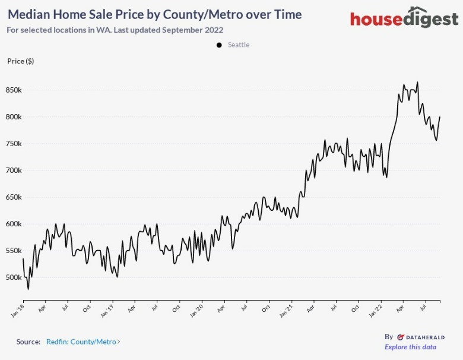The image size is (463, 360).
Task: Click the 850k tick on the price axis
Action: [14, 90]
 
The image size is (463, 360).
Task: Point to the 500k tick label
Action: [14, 277]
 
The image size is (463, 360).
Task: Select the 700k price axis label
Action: [14, 170]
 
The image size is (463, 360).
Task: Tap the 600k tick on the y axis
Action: [14, 224]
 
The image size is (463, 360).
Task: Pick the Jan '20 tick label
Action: [197, 309]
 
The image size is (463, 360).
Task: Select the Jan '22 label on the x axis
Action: [376, 309]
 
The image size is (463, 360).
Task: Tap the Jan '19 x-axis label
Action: [107, 309]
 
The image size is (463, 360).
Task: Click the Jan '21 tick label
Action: [286, 309]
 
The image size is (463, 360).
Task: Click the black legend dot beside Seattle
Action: [219, 45]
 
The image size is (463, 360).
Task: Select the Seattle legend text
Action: [239, 45]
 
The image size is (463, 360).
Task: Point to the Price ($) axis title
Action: [20, 61]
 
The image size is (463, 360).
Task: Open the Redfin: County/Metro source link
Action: [83, 342]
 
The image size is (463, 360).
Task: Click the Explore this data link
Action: [410, 347]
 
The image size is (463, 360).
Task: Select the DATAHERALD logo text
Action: [421, 336]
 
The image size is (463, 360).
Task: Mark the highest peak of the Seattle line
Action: [417, 83]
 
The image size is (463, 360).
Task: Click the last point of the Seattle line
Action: [440, 117]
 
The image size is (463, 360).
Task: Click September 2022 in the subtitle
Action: [197, 30]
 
